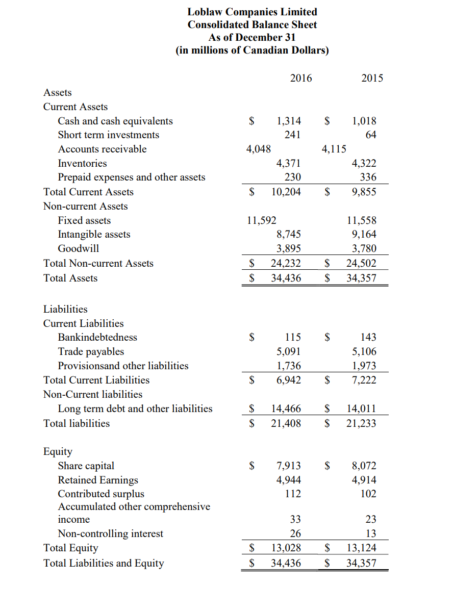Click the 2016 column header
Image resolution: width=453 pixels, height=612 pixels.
click(300, 78)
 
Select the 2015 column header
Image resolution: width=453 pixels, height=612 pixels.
click(372, 78)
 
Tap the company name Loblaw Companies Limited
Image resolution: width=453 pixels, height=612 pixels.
click(252, 12)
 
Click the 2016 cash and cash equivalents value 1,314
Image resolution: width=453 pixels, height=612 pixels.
click(288, 121)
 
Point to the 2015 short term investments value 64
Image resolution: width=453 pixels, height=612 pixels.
click(371, 135)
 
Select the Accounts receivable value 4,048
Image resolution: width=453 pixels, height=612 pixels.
click(258, 149)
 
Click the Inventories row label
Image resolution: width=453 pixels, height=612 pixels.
click(82, 163)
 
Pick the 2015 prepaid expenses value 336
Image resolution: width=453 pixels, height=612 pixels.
click(368, 177)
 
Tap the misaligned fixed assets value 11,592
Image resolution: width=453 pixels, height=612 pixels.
click(261, 220)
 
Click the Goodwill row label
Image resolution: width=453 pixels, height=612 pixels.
click(79, 248)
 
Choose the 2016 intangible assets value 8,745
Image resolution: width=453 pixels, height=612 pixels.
click(288, 234)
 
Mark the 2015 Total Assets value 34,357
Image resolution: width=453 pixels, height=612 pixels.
click(361, 278)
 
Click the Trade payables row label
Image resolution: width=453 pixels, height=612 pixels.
click(91, 351)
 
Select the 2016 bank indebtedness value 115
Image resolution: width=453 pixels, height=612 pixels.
click(293, 337)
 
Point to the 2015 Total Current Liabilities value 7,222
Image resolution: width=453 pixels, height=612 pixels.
click(364, 380)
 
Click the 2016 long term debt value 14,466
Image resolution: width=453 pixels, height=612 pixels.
click(286, 409)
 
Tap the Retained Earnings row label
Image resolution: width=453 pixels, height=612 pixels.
click(98, 480)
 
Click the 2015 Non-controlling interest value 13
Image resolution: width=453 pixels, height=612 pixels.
click(371, 533)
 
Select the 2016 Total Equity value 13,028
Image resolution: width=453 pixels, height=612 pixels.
click(286, 548)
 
